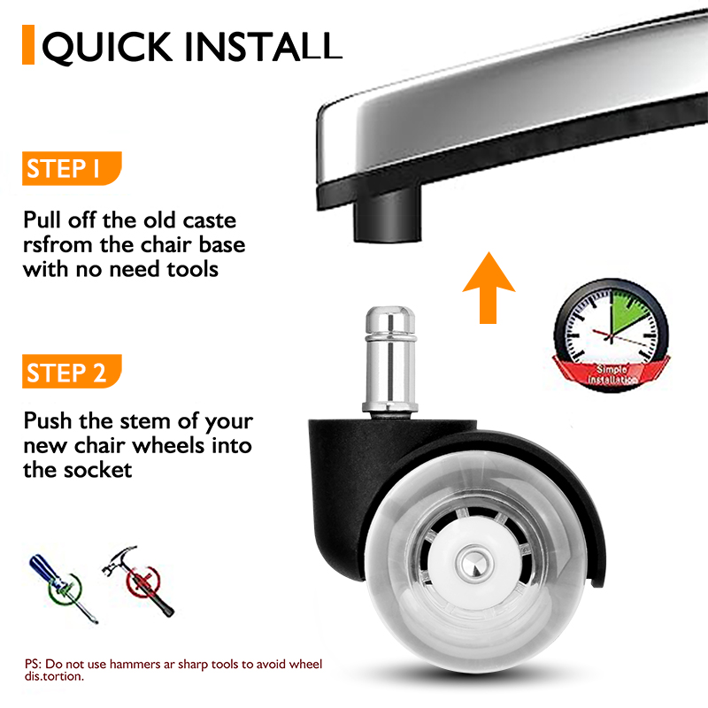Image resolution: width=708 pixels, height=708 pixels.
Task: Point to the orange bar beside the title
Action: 28,46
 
